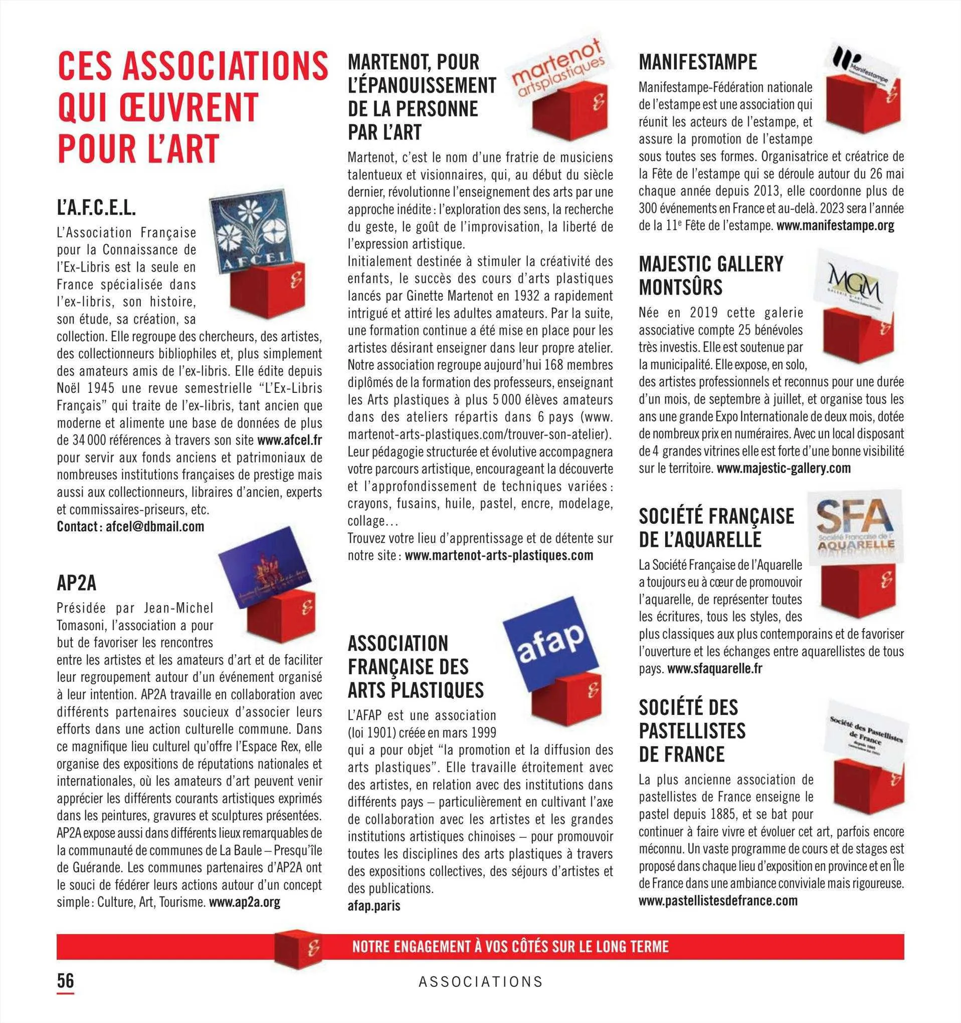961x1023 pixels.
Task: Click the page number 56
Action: click(65, 980)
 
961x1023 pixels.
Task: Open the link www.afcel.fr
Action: click(289, 441)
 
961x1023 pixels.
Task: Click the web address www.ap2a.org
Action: click(245, 902)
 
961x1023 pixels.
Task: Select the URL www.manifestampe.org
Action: click(835, 225)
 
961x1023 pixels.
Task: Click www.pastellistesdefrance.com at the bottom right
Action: click(718, 901)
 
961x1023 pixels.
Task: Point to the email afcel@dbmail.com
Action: click(155, 526)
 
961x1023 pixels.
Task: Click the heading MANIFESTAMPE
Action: click(698, 62)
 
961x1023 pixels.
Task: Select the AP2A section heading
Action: click(77, 583)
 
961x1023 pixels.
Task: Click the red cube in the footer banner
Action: click(298, 947)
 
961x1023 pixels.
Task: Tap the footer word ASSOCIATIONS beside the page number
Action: click(480, 982)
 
